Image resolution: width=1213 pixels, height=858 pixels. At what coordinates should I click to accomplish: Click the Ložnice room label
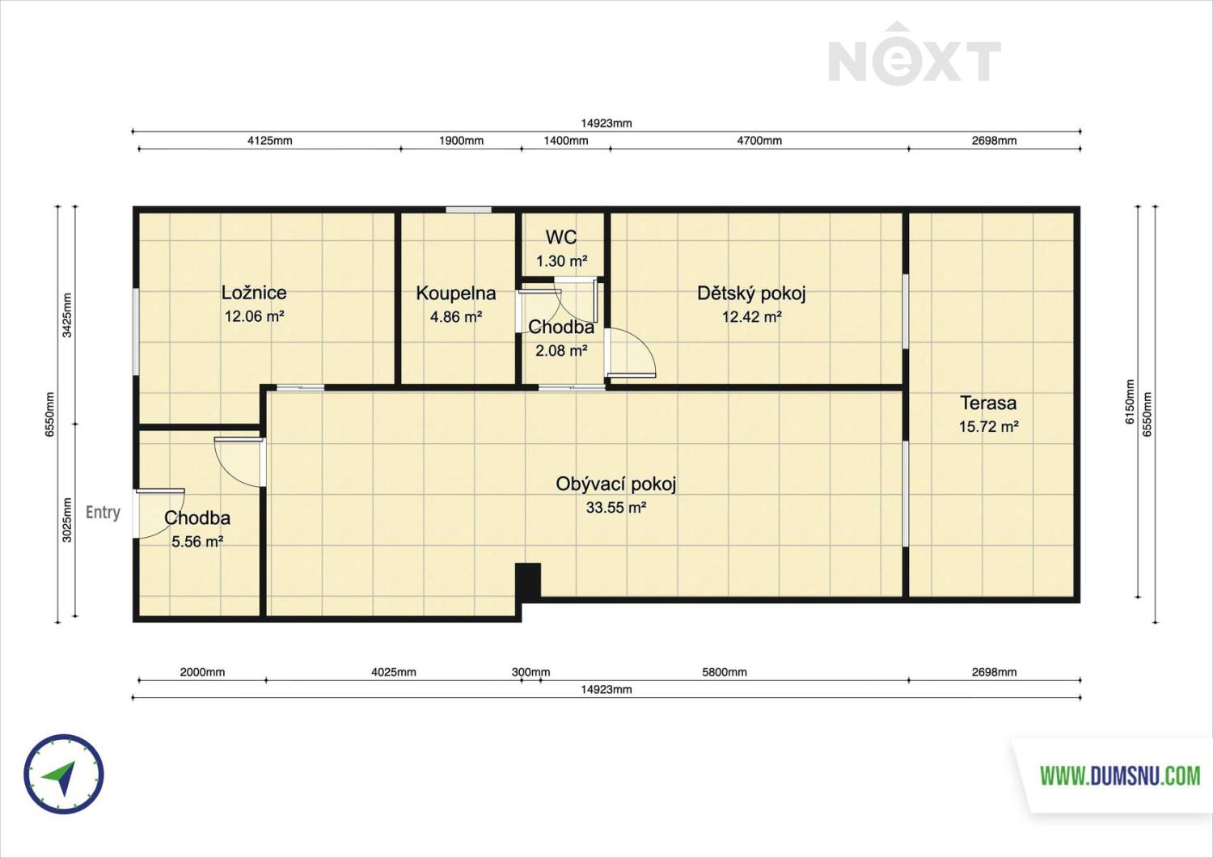pyautogui.click(x=254, y=293)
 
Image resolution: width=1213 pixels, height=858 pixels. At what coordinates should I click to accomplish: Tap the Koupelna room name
pyautogui.click(x=456, y=293)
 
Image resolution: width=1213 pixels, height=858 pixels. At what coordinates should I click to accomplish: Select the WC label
pyautogui.click(x=561, y=237)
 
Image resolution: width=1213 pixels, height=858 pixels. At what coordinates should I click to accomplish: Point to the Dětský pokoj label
pyautogui.click(x=751, y=293)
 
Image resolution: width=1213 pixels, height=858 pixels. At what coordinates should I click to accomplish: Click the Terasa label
pyautogui.click(x=988, y=403)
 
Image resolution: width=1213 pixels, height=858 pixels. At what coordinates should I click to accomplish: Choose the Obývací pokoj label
pyautogui.click(x=616, y=484)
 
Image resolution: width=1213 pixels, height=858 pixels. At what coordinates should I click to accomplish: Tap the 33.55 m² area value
pyautogui.click(x=616, y=508)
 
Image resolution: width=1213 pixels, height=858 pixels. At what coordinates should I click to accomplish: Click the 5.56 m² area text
pyautogui.click(x=197, y=541)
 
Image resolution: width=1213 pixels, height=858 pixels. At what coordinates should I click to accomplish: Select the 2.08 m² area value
pyautogui.click(x=561, y=350)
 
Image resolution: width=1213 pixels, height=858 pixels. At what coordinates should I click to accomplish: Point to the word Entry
pyautogui.click(x=103, y=512)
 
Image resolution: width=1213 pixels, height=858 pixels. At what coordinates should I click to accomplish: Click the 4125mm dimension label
pyautogui.click(x=269, y=140)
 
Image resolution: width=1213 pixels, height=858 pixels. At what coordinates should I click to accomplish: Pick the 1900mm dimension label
pyautogui.click(x=461, y=140)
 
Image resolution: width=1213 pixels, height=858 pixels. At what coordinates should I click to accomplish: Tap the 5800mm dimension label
pyautogui.click(x=725, y=672)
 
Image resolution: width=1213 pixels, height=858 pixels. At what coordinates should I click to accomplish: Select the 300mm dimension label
pyautogui.click(x=530, y=672)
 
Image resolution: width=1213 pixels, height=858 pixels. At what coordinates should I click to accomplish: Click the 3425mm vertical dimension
pyautogui.click(x=66, y=315)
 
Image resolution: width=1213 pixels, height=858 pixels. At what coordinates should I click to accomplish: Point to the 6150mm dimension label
pyautogui.click(x=1130, y=402)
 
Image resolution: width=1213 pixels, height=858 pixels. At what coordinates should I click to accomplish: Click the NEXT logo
pyautogui.click(x=915, y=56)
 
